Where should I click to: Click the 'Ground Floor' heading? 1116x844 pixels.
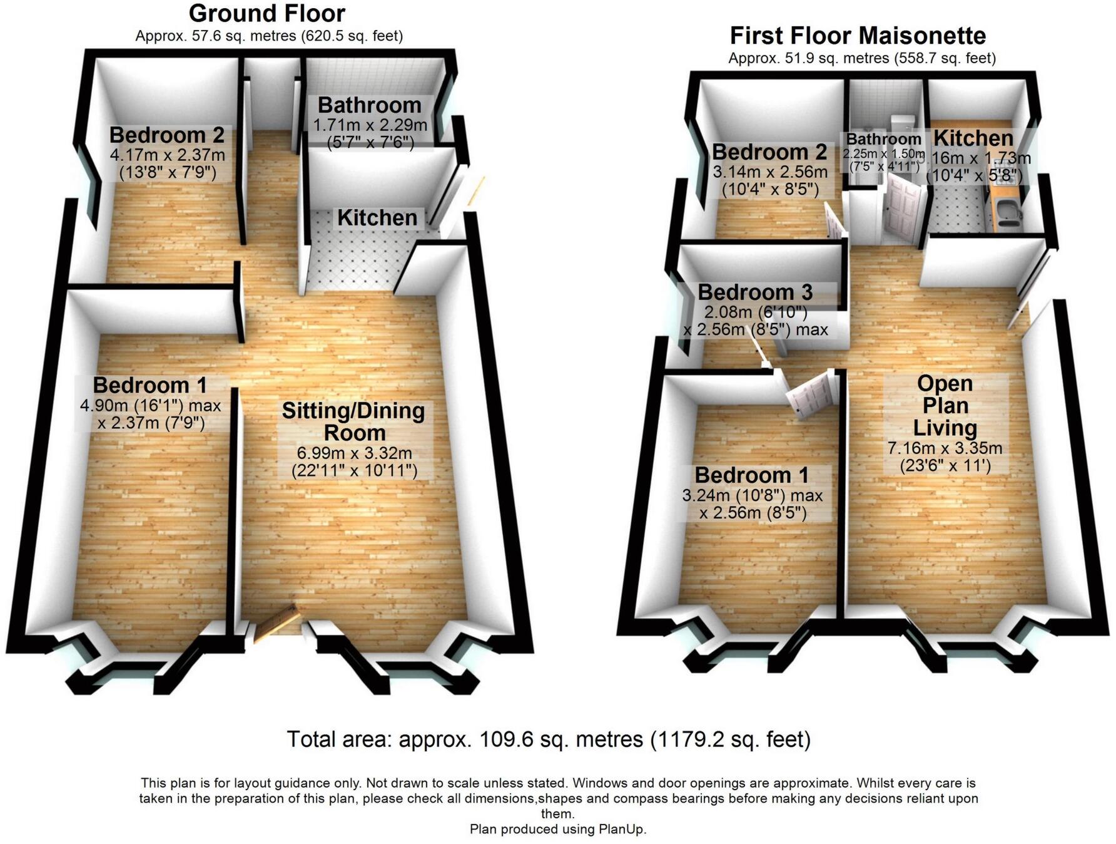[x=266, y=13]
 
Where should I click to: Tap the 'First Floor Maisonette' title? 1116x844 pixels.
[x=858, y=36]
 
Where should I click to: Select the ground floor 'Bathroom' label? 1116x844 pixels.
[x=369, y=105]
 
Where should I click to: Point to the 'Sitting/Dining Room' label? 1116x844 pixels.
[x=353, y=421]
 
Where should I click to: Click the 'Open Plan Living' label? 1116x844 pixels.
[x=945, y=405]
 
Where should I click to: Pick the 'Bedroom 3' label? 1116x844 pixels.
[x=755, y=292]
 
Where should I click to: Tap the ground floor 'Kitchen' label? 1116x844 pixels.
[x=377, y=218]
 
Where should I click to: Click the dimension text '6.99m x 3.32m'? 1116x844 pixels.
[x=354, y=453]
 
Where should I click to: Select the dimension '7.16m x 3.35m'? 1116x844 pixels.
[x=945, y=448]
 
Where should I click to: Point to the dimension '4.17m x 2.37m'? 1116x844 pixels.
[x=168, y=154]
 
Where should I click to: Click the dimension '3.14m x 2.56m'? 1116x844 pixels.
[x=770, y=172]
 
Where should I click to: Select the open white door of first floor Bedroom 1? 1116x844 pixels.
[x=810, y=394]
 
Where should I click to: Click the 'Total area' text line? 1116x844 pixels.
[x=549, y=739]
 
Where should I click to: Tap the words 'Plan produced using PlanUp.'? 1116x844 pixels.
[x=558, y=829]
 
